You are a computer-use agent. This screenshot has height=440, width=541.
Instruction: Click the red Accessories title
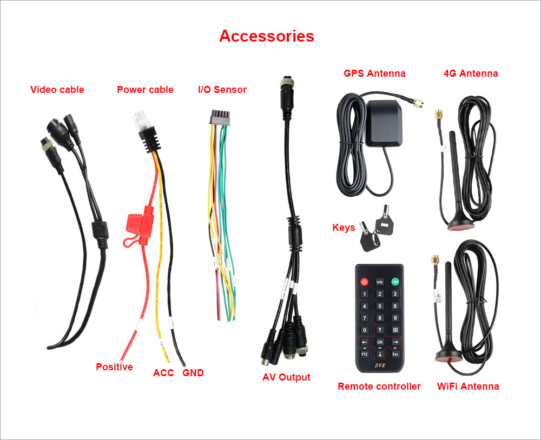point(266,36)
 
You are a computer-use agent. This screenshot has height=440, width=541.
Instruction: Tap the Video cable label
point(57,90)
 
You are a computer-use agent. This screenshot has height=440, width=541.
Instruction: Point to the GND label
point(193,373)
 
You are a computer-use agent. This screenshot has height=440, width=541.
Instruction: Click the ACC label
point(163,373)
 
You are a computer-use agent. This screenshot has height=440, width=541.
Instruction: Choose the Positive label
point(114,367)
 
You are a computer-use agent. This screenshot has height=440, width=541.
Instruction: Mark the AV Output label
point(286,377)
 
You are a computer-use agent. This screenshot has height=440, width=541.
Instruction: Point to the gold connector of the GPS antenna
point(417,103)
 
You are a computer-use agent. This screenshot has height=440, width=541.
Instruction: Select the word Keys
point(344,228)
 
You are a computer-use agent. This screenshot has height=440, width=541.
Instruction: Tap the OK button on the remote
point(380,342)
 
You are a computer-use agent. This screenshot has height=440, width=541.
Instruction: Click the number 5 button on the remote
point(380,306)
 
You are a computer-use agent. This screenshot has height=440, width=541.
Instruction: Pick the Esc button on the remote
point(395,354)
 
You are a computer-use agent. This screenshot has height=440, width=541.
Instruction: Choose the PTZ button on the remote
point(364,354)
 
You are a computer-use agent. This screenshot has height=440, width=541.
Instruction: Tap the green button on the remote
point(395,282)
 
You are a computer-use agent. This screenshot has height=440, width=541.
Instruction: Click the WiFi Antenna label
point(468,386)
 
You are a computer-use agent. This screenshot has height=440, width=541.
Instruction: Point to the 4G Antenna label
point(471,74)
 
